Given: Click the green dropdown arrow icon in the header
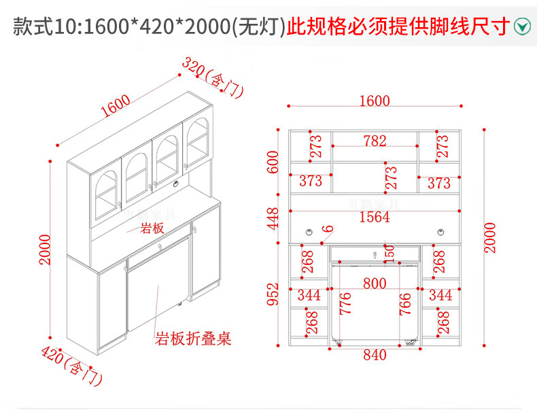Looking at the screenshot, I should (521, 26).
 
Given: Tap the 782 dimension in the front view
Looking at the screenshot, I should (375, 141).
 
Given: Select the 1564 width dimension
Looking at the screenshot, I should (375, 217).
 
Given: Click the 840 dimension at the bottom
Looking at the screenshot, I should (375, 355).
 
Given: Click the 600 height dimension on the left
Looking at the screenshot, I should (274, 162).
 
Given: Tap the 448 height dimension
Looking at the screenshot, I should (274, 218).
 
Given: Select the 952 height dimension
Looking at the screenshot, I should (274, 294).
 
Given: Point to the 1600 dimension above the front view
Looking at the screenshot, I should (375, 101).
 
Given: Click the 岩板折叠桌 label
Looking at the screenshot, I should (194, 338).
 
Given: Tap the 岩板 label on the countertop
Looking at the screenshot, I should (152, 228).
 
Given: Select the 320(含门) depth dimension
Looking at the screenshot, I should (212, 77).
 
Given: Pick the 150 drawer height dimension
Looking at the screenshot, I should (389, 253).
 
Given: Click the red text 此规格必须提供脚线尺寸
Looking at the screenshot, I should (398, 27).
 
